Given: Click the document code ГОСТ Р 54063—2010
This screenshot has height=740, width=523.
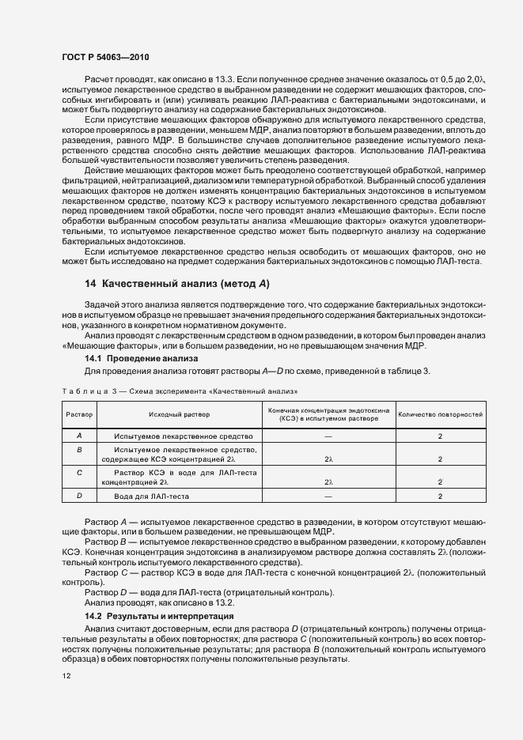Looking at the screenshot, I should (x=104, y=58).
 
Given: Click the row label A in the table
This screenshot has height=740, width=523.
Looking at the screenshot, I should (x=79, y=436).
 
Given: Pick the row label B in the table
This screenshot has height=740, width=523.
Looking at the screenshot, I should (x=79, y=449).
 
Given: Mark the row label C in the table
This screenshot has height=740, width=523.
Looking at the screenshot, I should (x=79, y=472).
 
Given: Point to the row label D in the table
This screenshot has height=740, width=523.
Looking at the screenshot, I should (x=79, y=496).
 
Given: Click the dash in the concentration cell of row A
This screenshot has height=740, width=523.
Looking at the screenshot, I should (x=328, y=436).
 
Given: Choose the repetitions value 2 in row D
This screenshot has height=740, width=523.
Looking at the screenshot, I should (x=440, y=496).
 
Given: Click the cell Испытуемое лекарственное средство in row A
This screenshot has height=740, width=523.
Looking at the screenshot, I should (x=183, y=436).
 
